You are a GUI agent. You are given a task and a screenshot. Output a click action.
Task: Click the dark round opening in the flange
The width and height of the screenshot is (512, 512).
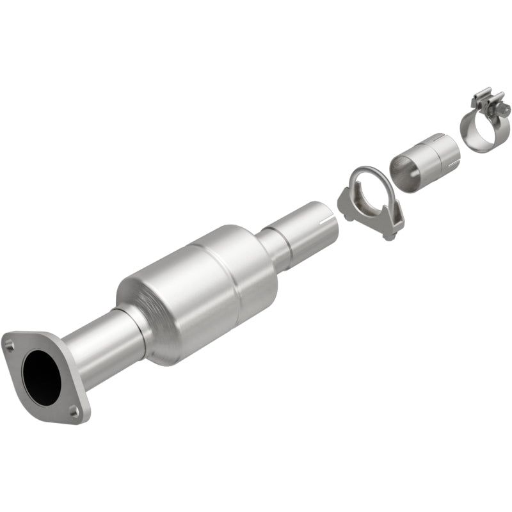42,377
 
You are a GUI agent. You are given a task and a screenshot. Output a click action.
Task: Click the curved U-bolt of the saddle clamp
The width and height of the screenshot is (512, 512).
371,176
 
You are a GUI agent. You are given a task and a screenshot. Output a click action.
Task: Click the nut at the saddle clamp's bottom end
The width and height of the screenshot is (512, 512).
388,237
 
